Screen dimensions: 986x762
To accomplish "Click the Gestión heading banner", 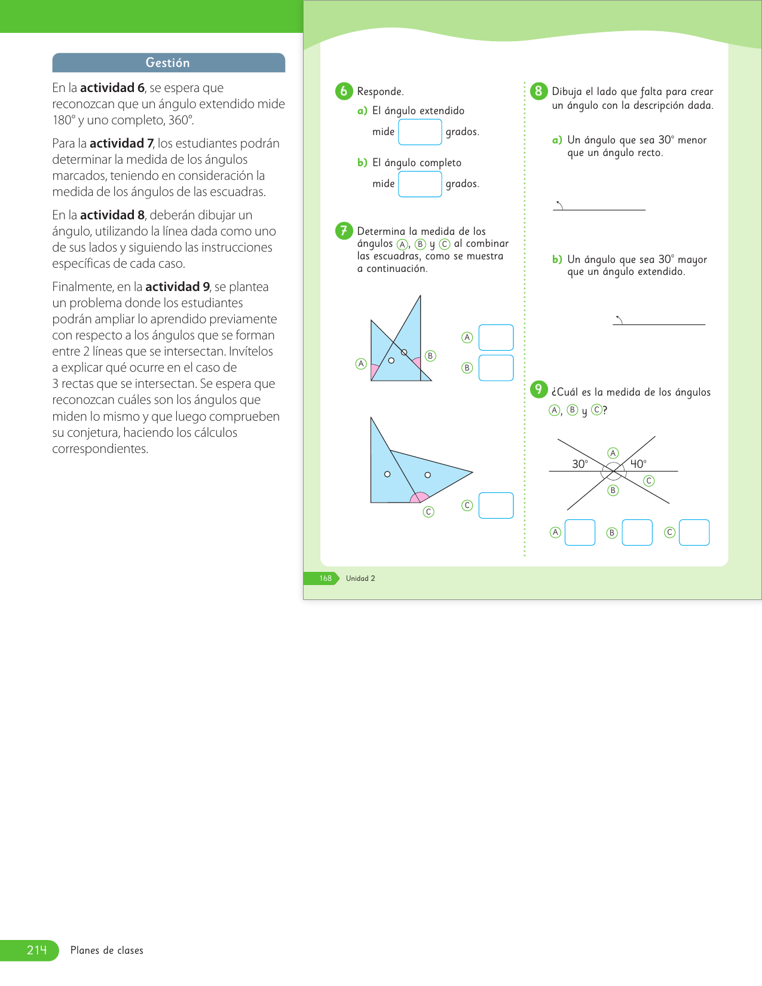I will [168, 63].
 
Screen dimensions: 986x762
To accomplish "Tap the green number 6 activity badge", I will [344, 91].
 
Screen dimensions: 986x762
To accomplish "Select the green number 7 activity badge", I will [344, 231].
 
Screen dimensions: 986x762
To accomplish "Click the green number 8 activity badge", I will [538, 91].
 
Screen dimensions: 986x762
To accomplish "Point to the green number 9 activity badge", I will [538, 390].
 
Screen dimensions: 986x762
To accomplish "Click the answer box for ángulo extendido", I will [420, 132].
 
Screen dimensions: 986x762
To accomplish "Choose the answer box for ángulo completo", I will [420, 184].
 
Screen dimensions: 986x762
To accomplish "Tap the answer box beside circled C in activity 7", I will [496, 506].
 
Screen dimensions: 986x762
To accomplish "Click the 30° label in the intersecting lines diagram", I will [580, 464].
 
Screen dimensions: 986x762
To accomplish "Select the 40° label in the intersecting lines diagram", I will [638, 464].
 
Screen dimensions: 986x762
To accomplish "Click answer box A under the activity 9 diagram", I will [580, 532].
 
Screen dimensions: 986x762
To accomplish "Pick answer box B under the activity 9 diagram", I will [636, 532].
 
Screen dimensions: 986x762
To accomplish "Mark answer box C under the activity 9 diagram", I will [694, 532].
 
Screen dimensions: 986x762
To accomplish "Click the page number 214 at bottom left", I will [36, 950].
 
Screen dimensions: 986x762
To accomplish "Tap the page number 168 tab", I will [325, 578].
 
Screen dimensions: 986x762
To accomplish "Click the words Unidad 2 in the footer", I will [360, 578].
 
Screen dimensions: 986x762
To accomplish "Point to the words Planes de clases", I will [107, 950].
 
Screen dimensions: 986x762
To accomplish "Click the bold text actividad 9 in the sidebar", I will [178, 287].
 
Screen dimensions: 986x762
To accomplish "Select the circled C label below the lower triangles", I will [429, 512].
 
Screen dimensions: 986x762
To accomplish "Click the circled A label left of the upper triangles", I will [361, 363].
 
